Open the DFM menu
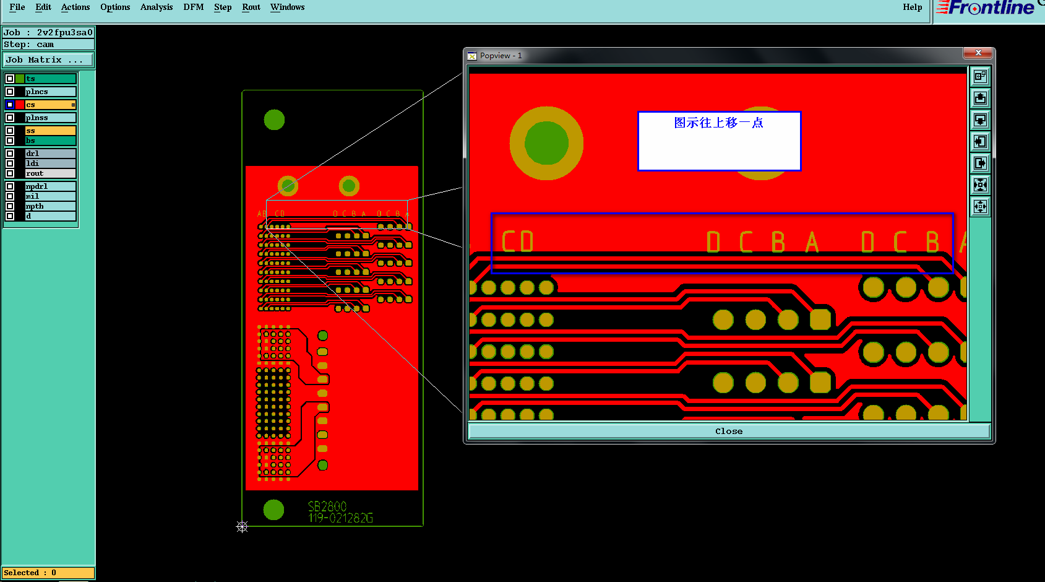click(193, 7)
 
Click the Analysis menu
click(156, 7)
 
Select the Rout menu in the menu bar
click(251, 7)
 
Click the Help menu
click(912, 7)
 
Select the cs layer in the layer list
click(49, 105)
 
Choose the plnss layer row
click(49, 118)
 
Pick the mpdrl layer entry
click(49, 186)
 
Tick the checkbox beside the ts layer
click(10, 79)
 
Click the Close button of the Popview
click(728, 432)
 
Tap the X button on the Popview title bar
click(978, 53)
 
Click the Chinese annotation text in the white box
click(718, 123)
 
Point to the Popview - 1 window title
click(501, 56)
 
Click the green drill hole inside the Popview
click(546, 143)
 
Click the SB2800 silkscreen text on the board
click(327, 506)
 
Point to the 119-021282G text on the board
click(340, 518)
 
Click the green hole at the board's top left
click(274, 119)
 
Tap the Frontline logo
click(987, 8)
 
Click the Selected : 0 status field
click(48, 573)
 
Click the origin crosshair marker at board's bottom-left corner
click(242, 527)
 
